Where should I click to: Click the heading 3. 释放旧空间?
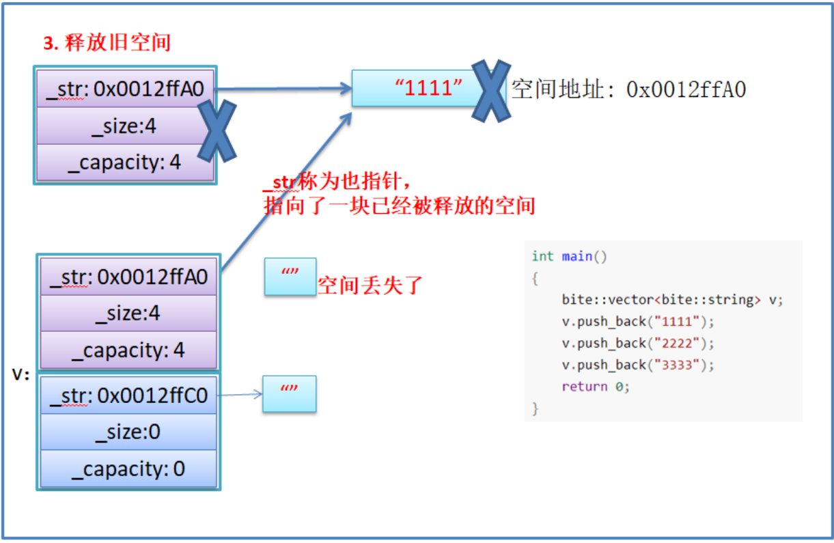click(x=107, y=43)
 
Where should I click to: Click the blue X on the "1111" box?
click(x=491, y=91)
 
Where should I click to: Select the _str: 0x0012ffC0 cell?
click(x=128, y=396)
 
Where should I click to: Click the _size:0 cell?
click(x=128, y=432)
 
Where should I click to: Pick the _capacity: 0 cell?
click(x=128, y=469)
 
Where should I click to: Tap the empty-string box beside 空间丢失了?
click(x=290, y=277)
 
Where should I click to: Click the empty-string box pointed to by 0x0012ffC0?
click(x=290, y=393)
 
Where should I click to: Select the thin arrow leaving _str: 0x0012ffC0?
click(x=240, y=395)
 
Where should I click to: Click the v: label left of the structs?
click(x=21, y=374)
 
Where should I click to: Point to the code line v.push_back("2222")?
click(x=637, y=343)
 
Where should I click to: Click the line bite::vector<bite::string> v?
click(x=672, y=299)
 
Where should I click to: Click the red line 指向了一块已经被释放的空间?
click(x=399, y=206)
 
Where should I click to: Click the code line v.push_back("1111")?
click(x=637, y=321)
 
